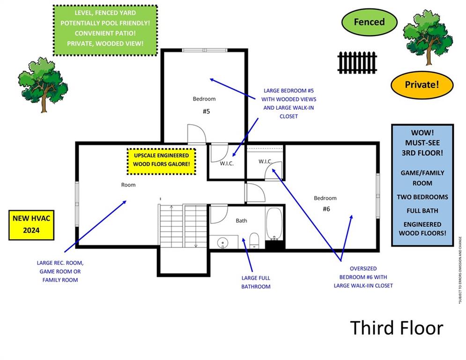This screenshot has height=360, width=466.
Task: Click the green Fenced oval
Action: point(369,22)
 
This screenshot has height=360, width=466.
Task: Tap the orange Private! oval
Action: point(422,85)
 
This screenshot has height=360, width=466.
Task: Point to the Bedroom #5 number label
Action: point(206,112)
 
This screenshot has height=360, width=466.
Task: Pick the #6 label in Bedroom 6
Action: point(326,209)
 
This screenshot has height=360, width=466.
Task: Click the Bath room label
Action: point(241,220)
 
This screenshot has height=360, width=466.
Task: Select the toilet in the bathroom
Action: point(254,240)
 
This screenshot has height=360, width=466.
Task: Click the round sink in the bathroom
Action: point(222,243)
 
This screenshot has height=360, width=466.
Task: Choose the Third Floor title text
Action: point(396,328)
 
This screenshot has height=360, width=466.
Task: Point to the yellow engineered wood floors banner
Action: point(161,160)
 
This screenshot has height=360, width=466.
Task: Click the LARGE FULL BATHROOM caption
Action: point(256,282)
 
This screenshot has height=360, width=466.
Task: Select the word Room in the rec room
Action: point(128,185)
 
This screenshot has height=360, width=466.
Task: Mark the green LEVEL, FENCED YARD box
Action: point(104,30)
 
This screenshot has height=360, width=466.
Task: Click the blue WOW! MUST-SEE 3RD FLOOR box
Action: point(422,185)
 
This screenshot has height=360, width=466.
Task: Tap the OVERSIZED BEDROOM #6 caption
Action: point(363,277)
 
